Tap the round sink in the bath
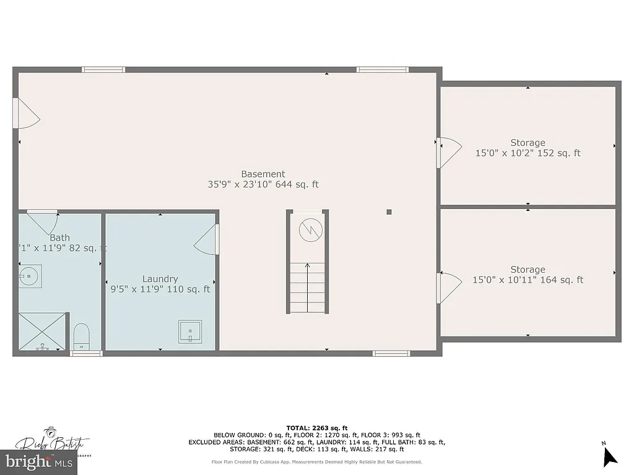coord(29,273)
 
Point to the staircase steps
coord(307,288)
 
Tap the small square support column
coord(389,212)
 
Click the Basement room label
coord(263,174)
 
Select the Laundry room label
coord(160,279)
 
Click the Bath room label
coord(59,237)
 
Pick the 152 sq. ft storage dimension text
coord(528,153)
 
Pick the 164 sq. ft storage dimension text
coord(528,280)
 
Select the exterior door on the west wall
coord(26,113)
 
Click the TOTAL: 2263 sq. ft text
coord(317,428)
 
